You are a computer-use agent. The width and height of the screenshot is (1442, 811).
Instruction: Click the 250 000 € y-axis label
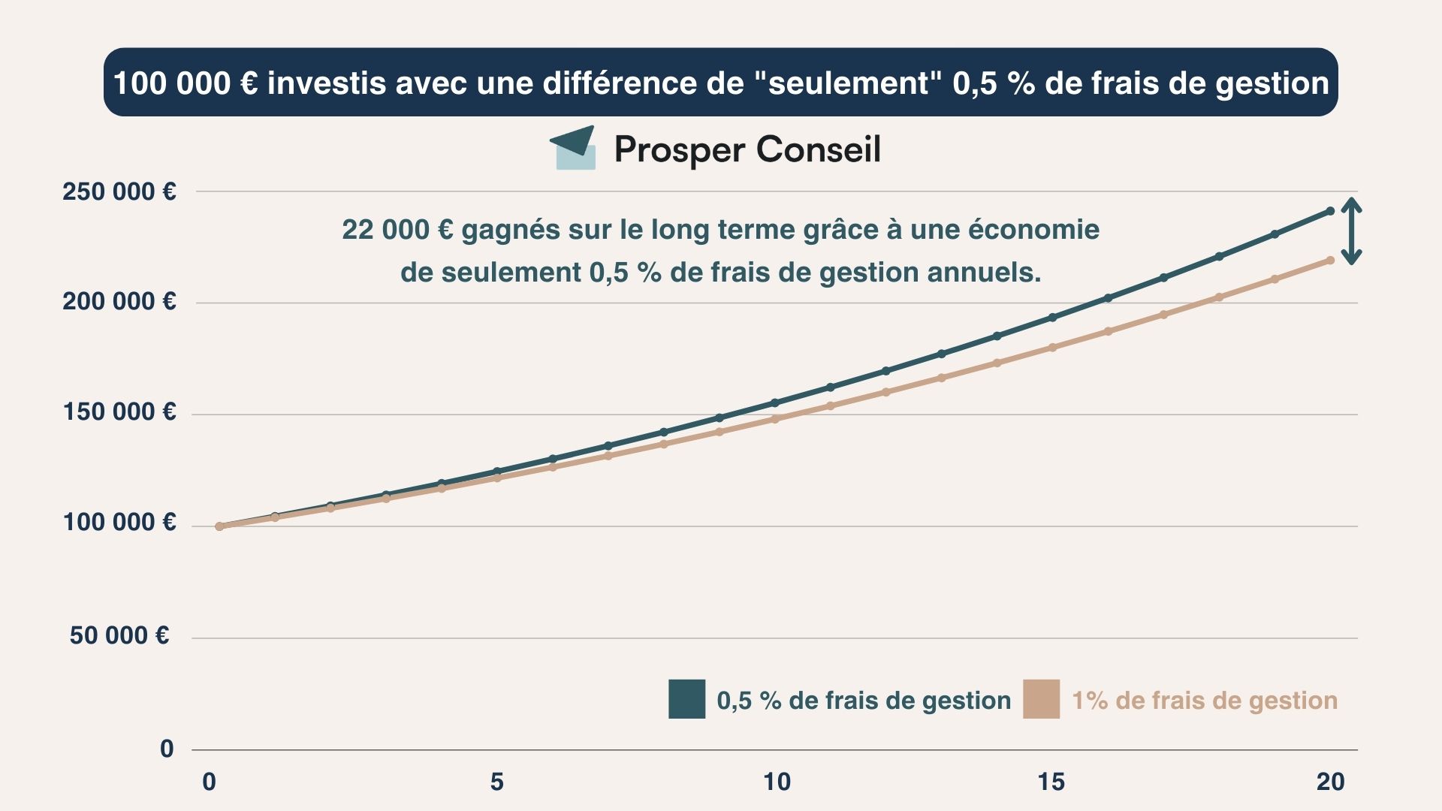click(x=119, y=191)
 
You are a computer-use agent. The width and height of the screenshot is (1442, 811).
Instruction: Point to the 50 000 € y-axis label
click(x=119, y=635)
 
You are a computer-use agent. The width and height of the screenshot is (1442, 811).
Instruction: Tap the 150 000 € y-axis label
click(x=119, y=412)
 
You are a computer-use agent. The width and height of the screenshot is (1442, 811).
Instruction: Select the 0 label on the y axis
click(x=167, y=748)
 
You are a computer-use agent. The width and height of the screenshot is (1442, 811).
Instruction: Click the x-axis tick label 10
click(x=777, y=782)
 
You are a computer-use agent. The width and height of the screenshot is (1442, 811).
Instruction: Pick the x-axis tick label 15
click(x=1051, y=782)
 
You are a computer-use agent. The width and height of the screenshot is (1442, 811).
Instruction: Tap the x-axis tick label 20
click(x=1330, y=782)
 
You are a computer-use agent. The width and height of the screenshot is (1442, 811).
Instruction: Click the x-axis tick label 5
click(x=496, y=782)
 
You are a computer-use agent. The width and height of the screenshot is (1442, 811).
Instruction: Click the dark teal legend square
click(x=686, y=699)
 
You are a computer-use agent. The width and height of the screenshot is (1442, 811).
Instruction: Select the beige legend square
click(x=1041, y=699)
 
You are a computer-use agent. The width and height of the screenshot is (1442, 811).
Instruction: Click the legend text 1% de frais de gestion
click(x=1204, y=701)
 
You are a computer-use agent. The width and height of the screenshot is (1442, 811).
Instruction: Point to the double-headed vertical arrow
click(x=1351, y=231)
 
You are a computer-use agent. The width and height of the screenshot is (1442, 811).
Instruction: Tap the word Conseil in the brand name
click(x=818, y=149)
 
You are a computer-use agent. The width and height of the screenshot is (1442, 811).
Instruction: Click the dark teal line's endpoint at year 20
click(x=1330, y=211)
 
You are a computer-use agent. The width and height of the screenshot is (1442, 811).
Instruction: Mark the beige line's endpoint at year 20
click(x=1330, y=261)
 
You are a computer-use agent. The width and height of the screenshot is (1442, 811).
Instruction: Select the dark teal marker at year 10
click(x=775, y=403)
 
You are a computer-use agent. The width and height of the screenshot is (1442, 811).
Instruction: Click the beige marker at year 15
click(x=1052, y=348)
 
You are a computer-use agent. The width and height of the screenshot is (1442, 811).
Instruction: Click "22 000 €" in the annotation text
click(x=397, y=229)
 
